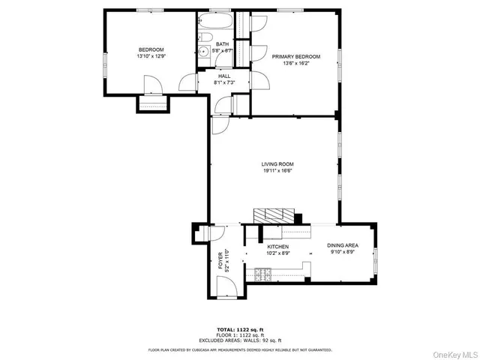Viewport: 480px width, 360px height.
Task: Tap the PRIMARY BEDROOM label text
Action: pos(296,57)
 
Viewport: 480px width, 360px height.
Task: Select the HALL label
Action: pos(224,76)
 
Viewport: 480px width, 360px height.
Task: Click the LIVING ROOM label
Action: pos(277,164)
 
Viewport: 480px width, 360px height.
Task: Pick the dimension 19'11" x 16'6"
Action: pos(277,171)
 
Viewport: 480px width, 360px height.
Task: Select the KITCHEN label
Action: pos(277,247)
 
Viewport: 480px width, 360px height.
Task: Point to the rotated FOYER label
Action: pos(220,259)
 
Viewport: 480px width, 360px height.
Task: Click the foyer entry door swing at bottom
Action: pos(226,286)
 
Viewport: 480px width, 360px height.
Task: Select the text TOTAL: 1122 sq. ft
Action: pos(239,328)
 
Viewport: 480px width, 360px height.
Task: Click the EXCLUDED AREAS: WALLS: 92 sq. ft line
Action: pos(239,340)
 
